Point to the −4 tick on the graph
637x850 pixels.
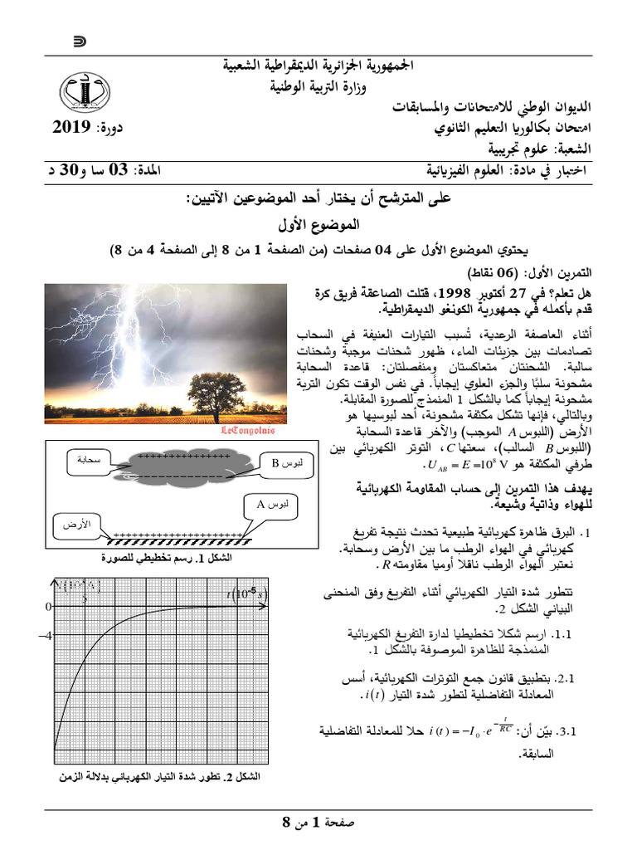45,637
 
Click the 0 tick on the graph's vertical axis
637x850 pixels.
47,606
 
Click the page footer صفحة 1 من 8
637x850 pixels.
318,823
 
